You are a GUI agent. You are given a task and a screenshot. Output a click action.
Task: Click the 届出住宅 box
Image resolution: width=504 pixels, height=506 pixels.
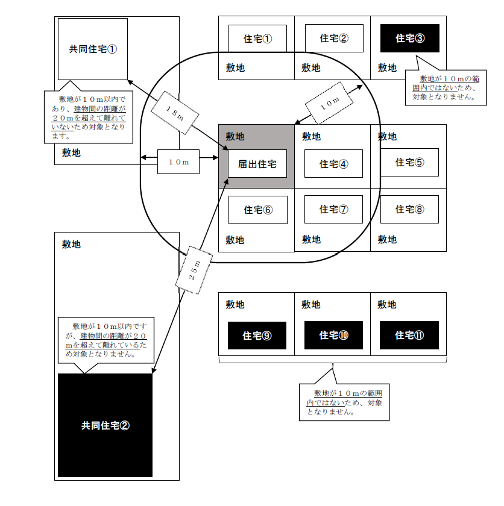257,164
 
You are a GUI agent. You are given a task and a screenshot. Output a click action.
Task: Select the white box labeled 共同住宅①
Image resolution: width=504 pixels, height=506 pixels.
92,49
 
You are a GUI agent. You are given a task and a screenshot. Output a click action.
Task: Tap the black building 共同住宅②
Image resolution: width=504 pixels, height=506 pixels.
105,425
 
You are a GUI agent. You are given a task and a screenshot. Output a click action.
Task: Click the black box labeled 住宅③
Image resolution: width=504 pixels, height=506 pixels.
410,39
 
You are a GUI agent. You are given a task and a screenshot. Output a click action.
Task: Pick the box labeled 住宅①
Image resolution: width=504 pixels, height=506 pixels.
257,39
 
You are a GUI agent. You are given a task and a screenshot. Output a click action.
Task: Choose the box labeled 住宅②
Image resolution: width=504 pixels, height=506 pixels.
333,39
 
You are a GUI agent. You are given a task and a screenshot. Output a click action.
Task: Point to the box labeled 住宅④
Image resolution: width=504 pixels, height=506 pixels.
333,164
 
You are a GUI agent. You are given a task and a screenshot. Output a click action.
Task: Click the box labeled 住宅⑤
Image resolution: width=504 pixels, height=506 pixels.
410,162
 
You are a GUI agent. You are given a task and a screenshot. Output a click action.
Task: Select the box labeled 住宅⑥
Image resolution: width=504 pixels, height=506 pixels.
257,210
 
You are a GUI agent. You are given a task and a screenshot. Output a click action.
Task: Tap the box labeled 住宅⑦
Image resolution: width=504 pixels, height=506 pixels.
333,210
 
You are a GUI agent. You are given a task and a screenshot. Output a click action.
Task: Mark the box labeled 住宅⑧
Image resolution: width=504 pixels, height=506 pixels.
410,210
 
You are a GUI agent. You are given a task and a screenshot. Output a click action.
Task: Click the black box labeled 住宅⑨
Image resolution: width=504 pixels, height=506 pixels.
257,335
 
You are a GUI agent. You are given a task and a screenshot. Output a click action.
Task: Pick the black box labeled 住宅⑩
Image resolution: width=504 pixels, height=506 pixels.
333,335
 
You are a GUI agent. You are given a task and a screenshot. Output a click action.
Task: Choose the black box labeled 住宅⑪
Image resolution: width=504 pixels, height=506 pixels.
410,335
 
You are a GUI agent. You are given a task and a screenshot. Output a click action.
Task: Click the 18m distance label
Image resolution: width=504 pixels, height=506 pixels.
174,114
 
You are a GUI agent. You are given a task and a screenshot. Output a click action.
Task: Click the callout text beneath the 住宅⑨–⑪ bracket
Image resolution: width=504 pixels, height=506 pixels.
344,402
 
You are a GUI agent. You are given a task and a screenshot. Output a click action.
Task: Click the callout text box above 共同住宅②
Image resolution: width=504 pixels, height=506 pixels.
106,339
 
